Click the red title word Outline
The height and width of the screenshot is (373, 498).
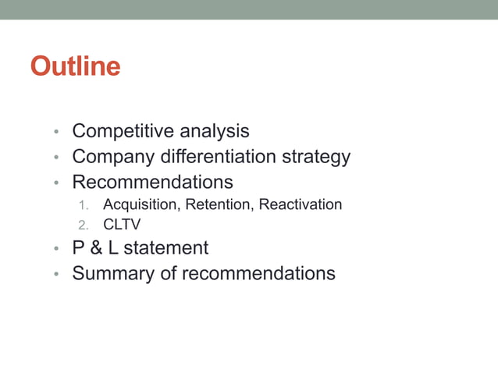pos(75,66)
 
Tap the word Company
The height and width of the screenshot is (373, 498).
pos(111,157)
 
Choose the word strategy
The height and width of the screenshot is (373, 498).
pos(317,157)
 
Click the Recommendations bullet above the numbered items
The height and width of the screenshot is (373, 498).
pos(152,183)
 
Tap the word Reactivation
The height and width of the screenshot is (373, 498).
pos(301,204)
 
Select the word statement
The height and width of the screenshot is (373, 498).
pos(165,248)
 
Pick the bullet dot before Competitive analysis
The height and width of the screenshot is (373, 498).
pos(56,133)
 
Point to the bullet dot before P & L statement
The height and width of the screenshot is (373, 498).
pos(56,250)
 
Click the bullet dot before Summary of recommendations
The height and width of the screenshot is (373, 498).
pos(56,275)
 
